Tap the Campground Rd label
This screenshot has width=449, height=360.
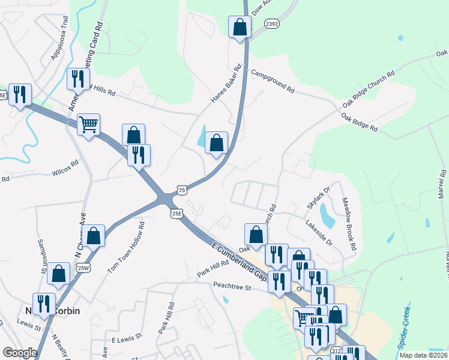(273, 82)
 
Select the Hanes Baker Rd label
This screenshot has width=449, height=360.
(226, 83)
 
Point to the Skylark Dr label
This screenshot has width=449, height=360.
(319, 196)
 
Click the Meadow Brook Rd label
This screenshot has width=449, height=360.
(349, 224)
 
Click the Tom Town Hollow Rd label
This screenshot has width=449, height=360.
(126, 247)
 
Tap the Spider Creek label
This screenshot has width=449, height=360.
(404, 329)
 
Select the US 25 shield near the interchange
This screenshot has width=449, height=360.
(181, 190)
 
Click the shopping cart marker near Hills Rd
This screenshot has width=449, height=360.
(88, 125)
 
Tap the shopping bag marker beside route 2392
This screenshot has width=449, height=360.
(240, 27)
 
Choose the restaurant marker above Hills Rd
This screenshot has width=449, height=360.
(78, 79)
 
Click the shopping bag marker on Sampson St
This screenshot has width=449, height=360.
(59, 274)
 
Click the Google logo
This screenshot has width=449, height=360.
(20, 353)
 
